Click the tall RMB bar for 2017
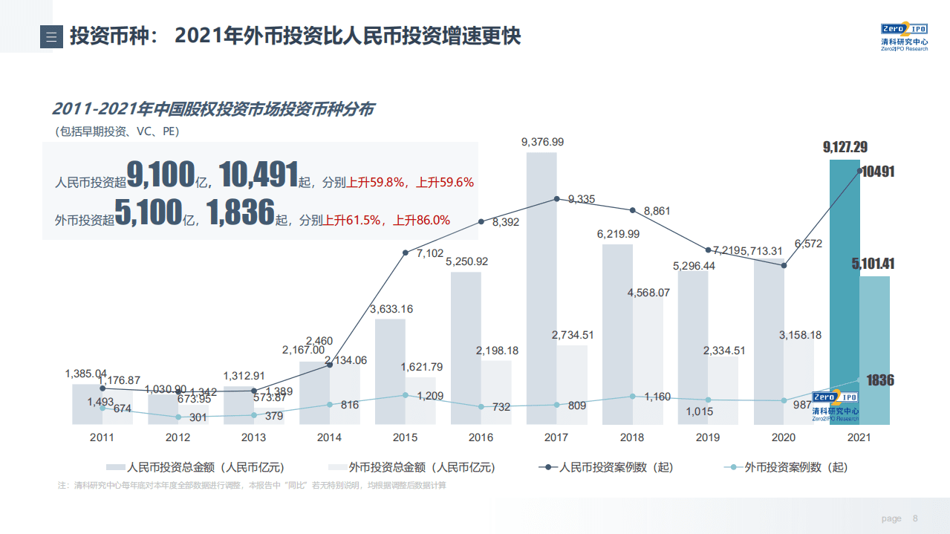point(541,297)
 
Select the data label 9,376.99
point(542,142)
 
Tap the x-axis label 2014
point(329,437)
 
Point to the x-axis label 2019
point(708,437)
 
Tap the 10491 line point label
point(879,172)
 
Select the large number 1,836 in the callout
point(240,213)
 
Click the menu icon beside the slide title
point(51,37)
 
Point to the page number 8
point(915,518)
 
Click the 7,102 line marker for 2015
point(406,253)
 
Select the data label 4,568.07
point(648,293)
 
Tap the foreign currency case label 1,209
point(430,397)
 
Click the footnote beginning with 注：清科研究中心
point(252,486)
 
